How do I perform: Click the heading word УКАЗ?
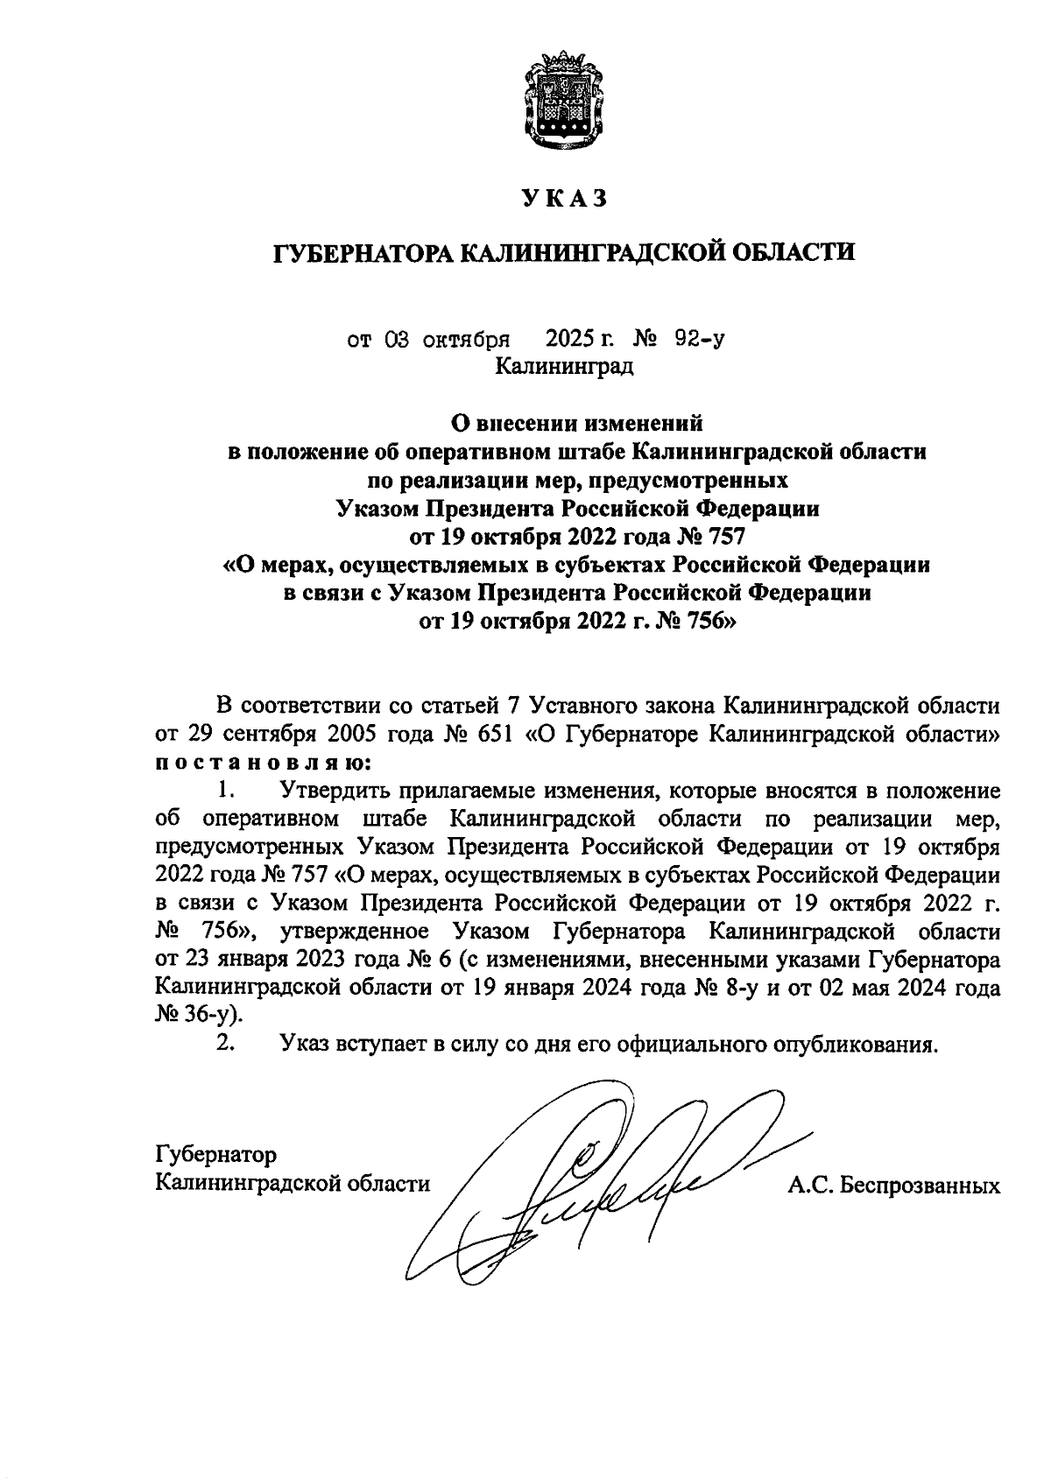coord(563,200)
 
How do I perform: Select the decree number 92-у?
coord(699,339)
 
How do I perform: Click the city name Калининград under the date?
coord(563,365)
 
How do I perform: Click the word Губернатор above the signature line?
coord(215,1154)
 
